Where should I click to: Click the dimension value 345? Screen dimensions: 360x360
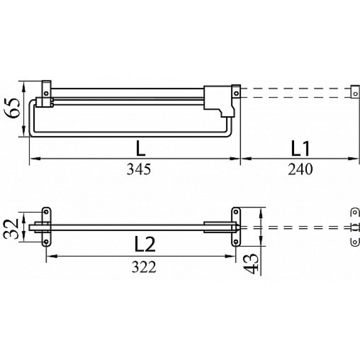point(139,169)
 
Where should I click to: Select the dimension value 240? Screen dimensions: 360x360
point(300,169)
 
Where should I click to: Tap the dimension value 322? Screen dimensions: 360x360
point(144,267)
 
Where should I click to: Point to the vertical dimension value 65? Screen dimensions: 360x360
point(12,108)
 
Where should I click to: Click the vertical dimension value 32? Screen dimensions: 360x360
point(11,229)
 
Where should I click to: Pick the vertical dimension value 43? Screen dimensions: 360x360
point(251,264)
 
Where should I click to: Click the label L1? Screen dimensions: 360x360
point(300,149)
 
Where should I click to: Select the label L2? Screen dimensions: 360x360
point(145,244)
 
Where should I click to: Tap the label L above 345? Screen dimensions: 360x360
point(141,148)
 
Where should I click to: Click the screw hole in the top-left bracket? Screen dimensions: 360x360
point(46,94)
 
